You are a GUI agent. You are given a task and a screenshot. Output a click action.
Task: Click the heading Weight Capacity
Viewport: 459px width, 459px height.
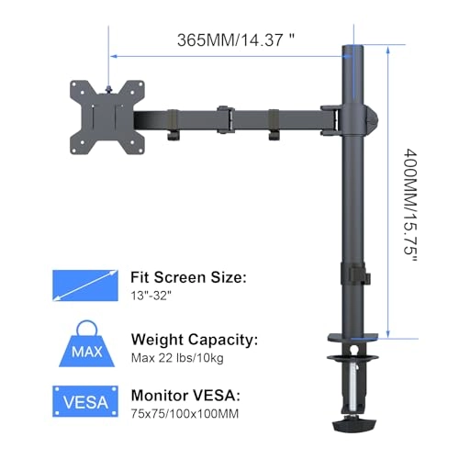[195, 340]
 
